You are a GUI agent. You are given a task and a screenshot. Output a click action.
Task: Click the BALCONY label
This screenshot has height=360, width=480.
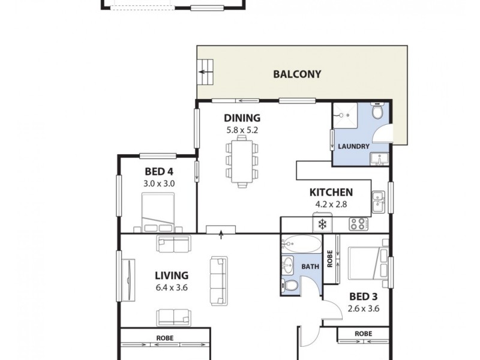[297, 75]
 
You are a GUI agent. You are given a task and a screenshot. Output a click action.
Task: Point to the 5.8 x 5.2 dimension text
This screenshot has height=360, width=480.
[242, 129]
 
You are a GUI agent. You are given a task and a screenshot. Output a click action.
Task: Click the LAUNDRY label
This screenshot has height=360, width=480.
[353, 146]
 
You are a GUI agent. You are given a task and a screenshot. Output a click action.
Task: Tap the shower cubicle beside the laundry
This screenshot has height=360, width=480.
[344, 114]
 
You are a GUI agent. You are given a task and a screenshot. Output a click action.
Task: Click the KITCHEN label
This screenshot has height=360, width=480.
[330, 193]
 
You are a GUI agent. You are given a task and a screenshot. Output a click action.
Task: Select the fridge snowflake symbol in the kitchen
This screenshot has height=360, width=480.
[322, 225]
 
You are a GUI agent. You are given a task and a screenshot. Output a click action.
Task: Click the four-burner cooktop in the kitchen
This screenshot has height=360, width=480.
[358, 224]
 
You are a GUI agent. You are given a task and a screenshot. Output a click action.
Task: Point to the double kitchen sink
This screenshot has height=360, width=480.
[378, 201]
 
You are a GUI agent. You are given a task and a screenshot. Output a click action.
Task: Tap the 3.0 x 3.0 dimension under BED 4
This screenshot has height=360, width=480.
[159, 184]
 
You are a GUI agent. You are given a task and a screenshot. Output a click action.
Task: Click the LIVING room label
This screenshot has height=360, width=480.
[172, 275]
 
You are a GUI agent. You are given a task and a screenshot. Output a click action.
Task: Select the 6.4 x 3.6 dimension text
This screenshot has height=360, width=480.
[172, 287]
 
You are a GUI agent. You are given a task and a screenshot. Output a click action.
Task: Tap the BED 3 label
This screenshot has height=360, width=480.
[364, 298]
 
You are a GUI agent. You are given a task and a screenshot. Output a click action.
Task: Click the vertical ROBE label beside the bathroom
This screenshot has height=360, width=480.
[329, 258]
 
